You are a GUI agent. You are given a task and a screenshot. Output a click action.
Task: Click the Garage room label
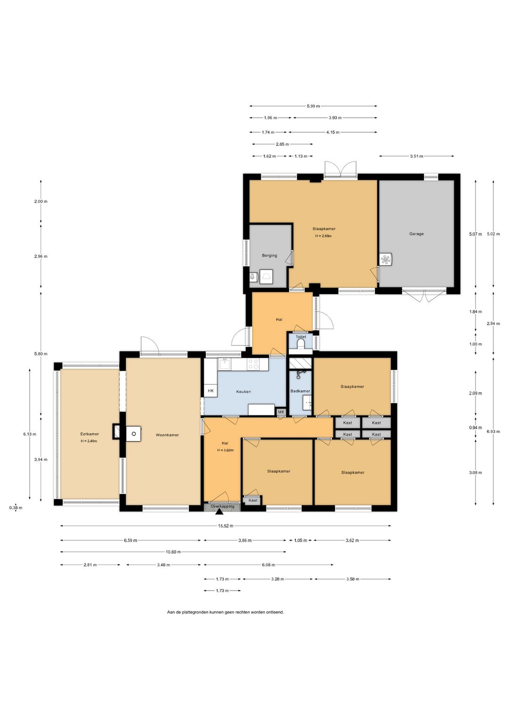click(x=416, y=234)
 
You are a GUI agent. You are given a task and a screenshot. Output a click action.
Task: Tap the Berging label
click(x=270, y=255)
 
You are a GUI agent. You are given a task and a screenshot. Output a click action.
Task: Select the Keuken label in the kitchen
click(x=243, y=392)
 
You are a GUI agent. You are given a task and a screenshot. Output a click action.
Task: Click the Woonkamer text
click(x=167, y=435)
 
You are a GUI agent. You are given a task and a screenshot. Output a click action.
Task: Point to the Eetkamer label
click(x=90, y=434)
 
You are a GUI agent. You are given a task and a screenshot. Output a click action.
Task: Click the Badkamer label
click(x=300, y=391)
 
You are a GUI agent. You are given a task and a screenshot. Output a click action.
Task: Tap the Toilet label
click(x=301, y=337)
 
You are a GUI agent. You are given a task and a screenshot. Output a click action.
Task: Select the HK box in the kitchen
click(x=211, y=391)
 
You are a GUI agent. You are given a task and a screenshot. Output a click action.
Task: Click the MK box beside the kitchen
click(x=281, y=412)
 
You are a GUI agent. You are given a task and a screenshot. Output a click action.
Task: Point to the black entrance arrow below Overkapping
click(x=219, y=512)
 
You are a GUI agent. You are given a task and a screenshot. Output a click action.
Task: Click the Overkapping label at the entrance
click(x=222, y=506)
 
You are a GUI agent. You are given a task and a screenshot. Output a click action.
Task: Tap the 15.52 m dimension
click(x=225, y=526)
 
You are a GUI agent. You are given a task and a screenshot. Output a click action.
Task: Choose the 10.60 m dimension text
click(x=173, y=552)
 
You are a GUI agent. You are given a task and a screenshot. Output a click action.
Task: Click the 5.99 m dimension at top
click(x=313, y=106)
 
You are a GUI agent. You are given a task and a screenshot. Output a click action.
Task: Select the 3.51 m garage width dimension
click(x=417, y=156)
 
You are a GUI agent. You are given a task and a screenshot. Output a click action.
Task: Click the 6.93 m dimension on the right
click(x=493, y=432)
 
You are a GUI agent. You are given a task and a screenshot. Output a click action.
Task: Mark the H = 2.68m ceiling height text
click(x=323, y=236)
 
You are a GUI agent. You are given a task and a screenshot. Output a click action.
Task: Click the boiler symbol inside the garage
click(x=386, y=259)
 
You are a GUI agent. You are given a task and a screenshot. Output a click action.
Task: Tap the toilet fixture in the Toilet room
click(x=301, y=344)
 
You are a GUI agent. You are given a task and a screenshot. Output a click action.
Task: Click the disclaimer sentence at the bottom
click(x=225, y=612)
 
